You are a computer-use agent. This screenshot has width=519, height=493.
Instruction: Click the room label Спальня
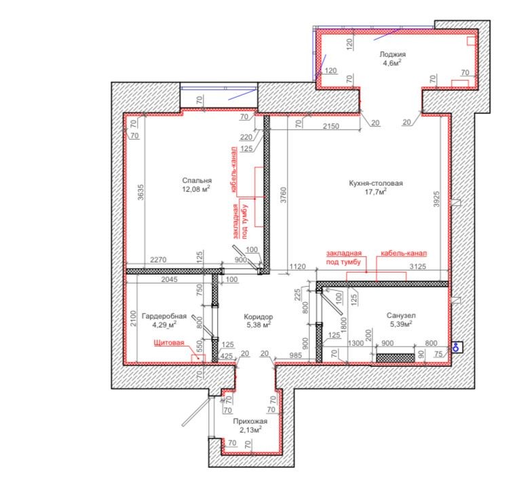click(197, 180)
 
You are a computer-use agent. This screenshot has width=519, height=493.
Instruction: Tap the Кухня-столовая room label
click(376, 183)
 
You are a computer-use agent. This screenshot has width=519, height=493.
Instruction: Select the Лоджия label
click(393, 54)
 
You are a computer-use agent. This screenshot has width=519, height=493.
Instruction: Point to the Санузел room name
click(401, 315)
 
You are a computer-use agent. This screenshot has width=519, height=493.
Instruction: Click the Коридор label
click(258, 317)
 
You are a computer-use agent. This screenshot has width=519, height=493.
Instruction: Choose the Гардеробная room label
click(164, 316)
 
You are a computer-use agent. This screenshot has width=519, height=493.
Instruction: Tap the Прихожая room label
click(250, 421)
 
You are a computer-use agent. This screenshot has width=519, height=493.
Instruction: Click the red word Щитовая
click(169, 342)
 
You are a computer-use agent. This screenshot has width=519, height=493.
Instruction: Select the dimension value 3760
click(284, 195)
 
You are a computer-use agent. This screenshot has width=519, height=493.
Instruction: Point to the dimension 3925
click(437, 199)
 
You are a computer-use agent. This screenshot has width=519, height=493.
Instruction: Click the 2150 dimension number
click(331, 126)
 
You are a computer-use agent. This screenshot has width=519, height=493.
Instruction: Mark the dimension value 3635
click(141, 192)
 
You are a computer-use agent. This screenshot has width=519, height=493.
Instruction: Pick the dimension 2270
click(158, 260)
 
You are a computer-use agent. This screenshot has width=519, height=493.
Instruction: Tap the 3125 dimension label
click(418, 267)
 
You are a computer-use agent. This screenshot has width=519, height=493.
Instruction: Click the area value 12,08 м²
click(196, 189)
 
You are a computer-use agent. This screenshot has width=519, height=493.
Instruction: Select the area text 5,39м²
click(401, 324)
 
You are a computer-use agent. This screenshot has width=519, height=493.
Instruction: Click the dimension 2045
click(169, 280)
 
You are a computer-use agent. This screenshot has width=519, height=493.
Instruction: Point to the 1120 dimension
click(298, 267)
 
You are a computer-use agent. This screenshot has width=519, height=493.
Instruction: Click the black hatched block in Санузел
click(396, 358)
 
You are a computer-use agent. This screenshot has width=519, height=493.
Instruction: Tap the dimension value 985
click(295, 356)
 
